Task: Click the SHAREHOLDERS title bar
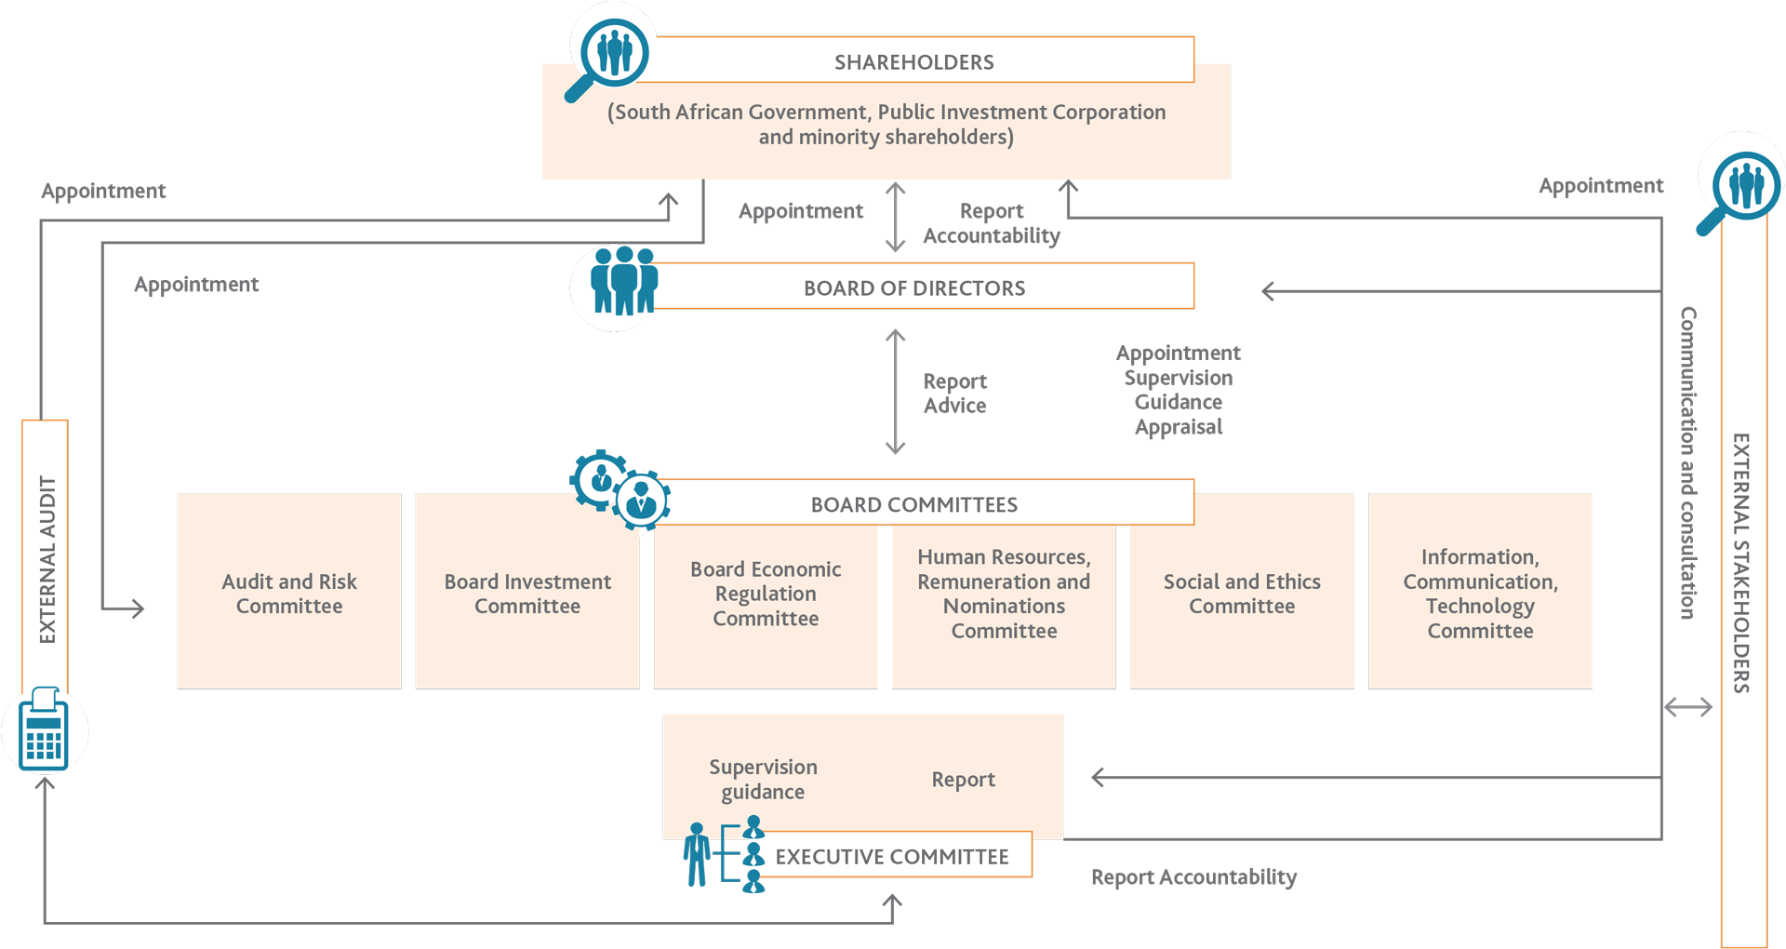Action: (914, 61)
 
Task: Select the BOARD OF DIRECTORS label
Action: (914, 287)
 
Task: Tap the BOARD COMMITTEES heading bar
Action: (914, 504)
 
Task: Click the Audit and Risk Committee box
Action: (289, 594)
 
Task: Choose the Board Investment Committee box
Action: (527, 594)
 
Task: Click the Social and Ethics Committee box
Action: (1242, 594)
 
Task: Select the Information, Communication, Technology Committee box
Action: (1480, 594)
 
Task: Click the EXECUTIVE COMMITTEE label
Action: (892, 856)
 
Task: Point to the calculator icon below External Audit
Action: (44, 731)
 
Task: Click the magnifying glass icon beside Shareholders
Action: (609, 51)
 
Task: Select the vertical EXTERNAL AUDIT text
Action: (47, 558)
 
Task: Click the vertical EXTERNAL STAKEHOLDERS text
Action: (1741, 562)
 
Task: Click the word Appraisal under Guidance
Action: (1179, 427)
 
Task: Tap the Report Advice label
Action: (954, 393)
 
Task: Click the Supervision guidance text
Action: (763, 779)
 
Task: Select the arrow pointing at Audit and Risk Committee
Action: (130, 608)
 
